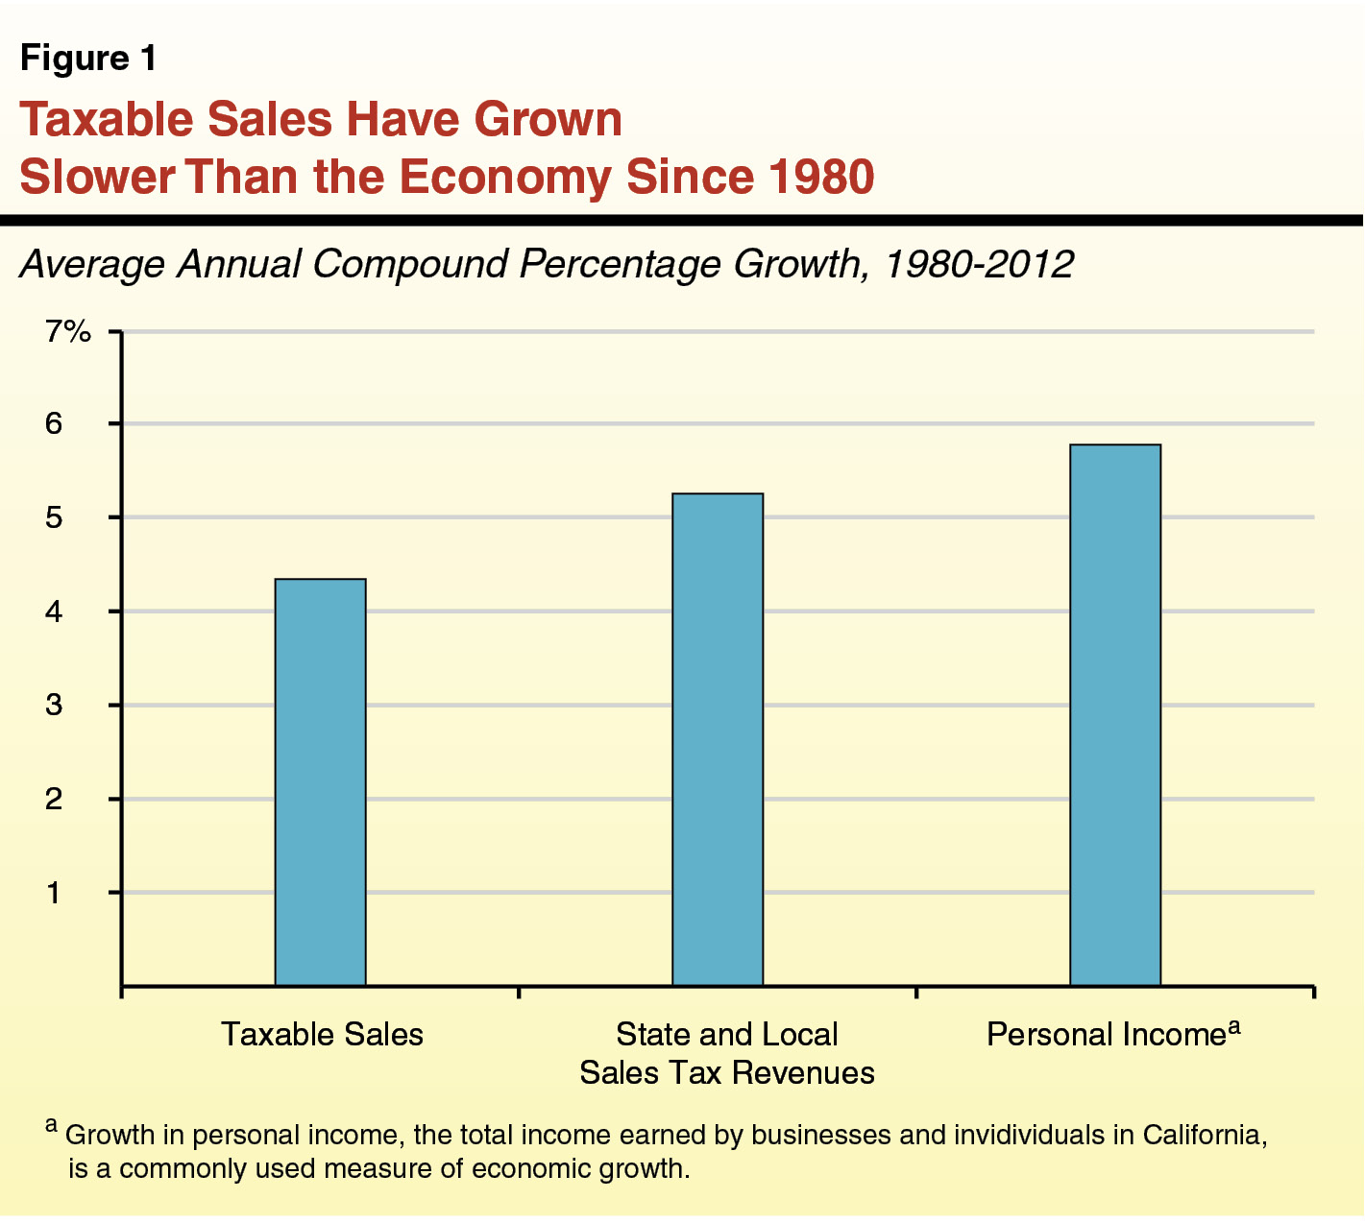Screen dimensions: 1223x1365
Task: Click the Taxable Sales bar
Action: click(320, 782)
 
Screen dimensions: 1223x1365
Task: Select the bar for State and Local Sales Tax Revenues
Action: click(718, 739)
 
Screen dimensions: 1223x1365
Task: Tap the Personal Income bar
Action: click(1115, 715)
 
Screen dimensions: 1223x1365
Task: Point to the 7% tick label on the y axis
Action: click(68, 332)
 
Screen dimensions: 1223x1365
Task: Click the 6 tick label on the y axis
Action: click(54, 423)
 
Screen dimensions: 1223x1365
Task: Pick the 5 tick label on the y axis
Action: click(54, 517)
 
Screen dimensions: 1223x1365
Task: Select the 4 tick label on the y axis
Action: click(54, 611)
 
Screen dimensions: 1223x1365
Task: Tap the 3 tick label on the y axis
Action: click(54, 706)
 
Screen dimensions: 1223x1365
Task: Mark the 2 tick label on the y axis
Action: click(54, 799)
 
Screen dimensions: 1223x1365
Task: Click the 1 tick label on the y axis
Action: click(54, 893)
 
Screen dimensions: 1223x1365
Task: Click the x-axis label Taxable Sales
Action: click(322, 1035)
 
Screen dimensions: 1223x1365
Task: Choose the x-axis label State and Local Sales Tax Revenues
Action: click(727, 1053)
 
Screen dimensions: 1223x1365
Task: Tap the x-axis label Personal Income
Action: click(1107, 1035)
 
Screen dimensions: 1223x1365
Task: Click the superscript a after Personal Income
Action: click(1234, 1027)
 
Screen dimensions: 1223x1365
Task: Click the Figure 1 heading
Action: click(88, 60)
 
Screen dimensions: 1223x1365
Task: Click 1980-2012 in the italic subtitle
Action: click(977, 264)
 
